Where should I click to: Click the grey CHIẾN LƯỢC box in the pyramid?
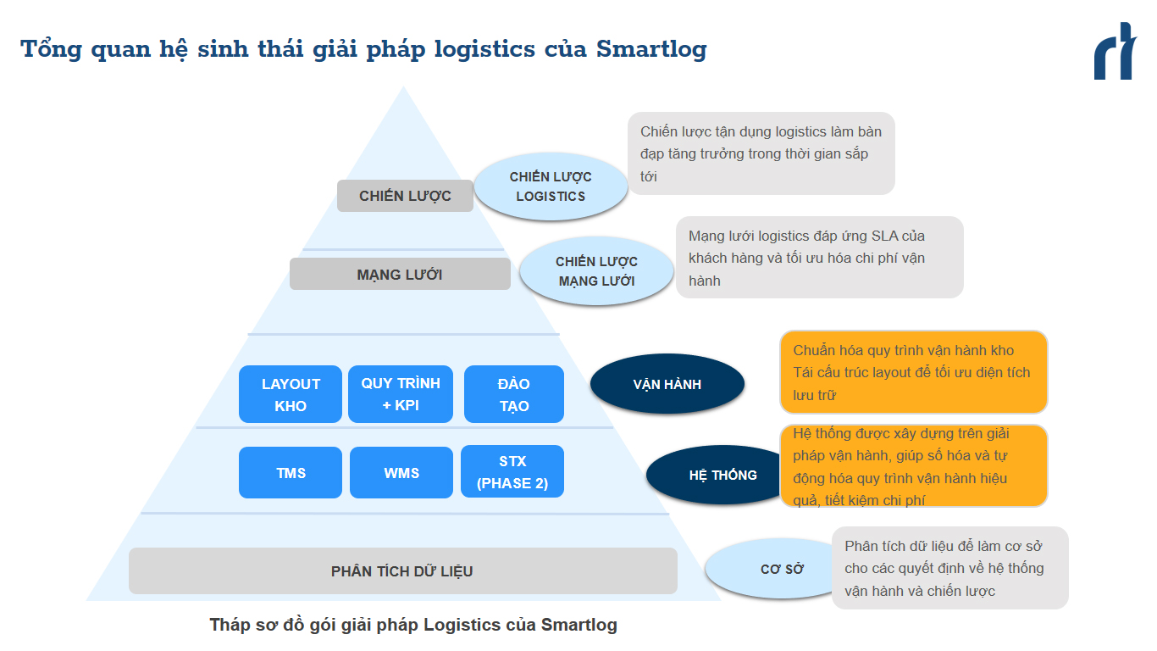405,196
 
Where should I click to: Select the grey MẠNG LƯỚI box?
400,275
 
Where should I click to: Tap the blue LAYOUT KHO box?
291,394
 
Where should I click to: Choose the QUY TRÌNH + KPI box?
401,394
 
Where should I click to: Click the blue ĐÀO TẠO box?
514,394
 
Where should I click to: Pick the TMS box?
291,473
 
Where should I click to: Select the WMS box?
401,473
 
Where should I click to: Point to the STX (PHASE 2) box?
512,472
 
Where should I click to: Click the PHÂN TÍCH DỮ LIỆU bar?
402,571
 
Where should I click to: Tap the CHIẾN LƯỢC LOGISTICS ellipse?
551,186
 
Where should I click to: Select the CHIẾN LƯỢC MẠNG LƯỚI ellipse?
596,271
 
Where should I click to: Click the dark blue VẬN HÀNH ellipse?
667,384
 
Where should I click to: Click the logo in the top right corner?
1115,52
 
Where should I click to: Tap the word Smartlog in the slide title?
651,49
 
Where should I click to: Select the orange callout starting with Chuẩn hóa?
913,372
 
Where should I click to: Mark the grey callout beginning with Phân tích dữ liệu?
949,568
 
